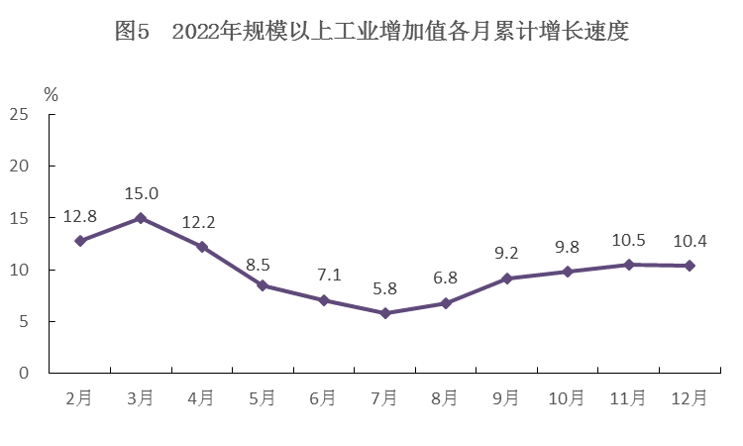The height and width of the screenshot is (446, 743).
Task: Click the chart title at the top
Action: [x=371, y=32]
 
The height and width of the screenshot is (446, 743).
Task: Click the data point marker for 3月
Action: [x=141, y=218]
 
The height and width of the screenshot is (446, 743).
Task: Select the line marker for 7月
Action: [x=385, y=313]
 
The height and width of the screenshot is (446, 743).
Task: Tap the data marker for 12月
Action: [x=690, y=266]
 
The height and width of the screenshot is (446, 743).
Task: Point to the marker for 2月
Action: [x=80, y=241]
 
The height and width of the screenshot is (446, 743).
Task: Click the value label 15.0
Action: [x=141, y=193]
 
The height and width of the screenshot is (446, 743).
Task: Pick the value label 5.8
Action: [x=385, y=288]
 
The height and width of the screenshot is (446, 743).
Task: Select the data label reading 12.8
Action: [x=80, y=216]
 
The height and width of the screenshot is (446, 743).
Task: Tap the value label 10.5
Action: [x=628, y=240]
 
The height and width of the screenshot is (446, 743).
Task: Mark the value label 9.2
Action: [x=506, y=254]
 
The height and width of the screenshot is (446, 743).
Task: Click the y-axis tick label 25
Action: [x=19, y=115]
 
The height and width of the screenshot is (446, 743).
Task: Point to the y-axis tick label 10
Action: [x=19, y=270]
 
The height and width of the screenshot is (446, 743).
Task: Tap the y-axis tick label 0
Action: [x=24, y=373]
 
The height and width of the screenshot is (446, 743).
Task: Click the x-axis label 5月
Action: [x=263, y=398]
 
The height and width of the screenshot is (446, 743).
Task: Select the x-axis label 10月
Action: [x=567, y=398]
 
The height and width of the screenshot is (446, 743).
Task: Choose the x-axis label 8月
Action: [x=446, y=398]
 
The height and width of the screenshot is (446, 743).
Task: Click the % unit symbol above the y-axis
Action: [x=52, y=95]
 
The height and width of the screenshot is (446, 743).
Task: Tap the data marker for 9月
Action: [x=506, y=279]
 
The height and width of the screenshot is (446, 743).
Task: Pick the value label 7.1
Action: [x=324, y=275]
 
